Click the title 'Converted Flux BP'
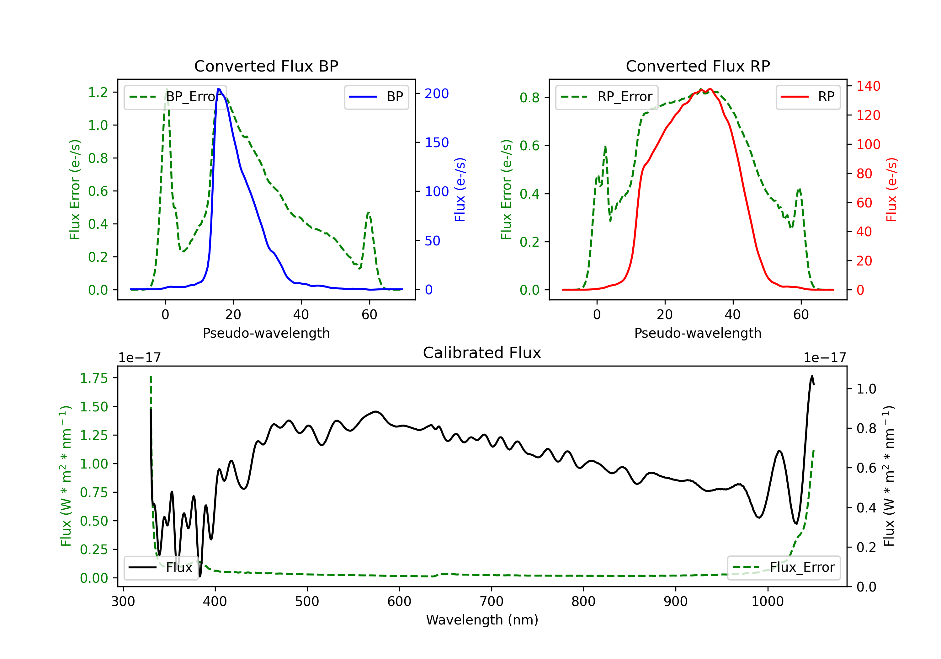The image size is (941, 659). tap(266, 66)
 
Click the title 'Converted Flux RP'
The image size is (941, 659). tap(698, 66)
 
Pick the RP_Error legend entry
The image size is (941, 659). tap(607, 97)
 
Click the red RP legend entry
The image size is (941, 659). tap(808, 97)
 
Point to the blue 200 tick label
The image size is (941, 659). tap(437, 94)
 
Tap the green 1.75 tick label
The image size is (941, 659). tap(94, 378)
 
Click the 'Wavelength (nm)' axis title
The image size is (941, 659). tap(482, 620)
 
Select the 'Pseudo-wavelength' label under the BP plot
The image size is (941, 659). tap(266, 333)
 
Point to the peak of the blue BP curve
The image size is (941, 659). tap(219, 89)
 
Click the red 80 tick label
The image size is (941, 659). tap(864, 174)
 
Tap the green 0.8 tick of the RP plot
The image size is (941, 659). tap(529, 98)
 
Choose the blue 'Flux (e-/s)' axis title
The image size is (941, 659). tap(460, 190)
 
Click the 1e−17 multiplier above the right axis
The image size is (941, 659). tap(825, 358)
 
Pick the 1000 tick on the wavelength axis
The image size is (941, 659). tap(767, 601)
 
